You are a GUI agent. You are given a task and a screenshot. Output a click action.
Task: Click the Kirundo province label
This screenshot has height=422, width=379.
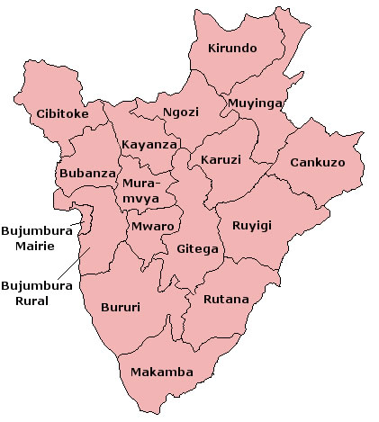point(232,48)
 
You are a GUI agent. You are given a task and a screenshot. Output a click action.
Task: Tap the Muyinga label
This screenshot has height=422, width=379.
point(256,103)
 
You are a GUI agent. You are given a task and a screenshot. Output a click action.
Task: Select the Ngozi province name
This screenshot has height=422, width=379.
point(180,112)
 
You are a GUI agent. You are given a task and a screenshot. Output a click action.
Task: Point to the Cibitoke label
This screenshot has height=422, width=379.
point(63,114)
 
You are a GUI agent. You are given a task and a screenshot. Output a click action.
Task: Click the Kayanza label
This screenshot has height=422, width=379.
point(149,144)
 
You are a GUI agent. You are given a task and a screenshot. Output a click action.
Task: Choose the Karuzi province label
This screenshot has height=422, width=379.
point(221,159)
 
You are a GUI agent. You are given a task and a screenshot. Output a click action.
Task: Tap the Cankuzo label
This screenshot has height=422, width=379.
point(319,163)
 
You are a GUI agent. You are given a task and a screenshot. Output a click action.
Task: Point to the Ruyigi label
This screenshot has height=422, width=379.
point(251,225)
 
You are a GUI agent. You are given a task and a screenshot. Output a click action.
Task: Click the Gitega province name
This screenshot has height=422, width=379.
point(197,248)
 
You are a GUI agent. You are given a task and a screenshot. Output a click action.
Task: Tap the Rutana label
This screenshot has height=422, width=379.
point(226,299)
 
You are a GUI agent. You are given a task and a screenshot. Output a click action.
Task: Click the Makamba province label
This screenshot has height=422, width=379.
point(160,372)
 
